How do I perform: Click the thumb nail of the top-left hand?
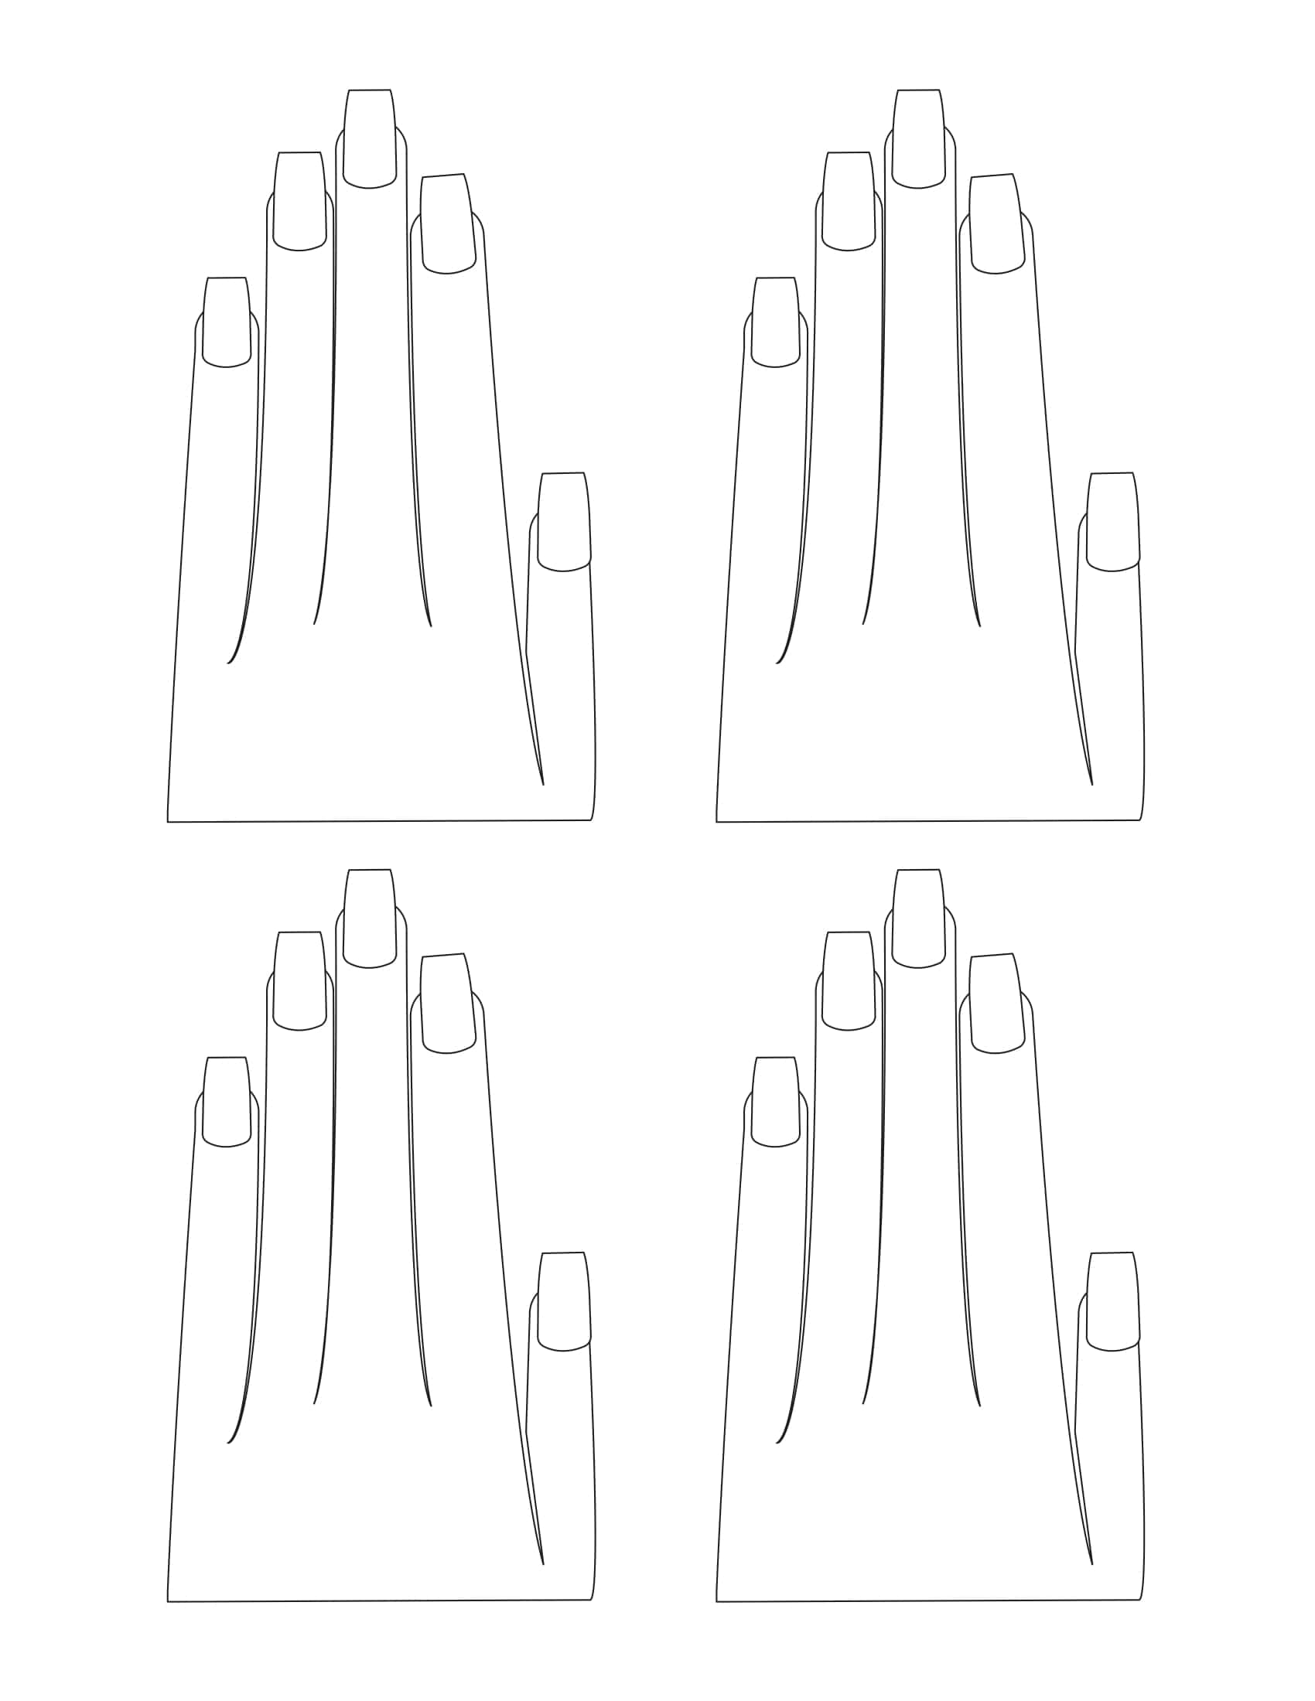(564, 522)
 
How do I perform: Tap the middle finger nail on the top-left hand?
(369, 138)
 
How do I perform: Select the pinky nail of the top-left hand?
(227, 322)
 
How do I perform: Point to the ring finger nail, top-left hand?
(300, 201)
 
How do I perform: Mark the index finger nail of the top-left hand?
(448, 223)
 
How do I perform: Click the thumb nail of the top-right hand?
(1112, 522)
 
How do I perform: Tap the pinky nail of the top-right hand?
(775, 322)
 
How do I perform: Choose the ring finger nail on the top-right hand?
(849, 201)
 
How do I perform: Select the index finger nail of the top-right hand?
(996, 223)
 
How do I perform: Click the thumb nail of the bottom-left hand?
(564, 1301)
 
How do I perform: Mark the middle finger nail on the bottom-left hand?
(369, 919)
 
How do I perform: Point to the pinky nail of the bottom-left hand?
(227, 1101)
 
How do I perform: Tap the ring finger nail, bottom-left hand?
(300, 980)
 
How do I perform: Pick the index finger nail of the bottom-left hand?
(448, 1003)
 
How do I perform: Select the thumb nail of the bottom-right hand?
(1112, 1301)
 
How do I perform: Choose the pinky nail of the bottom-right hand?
(775, 1101)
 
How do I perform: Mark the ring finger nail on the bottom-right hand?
(849, 980)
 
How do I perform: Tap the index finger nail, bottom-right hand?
(996, 1003)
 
